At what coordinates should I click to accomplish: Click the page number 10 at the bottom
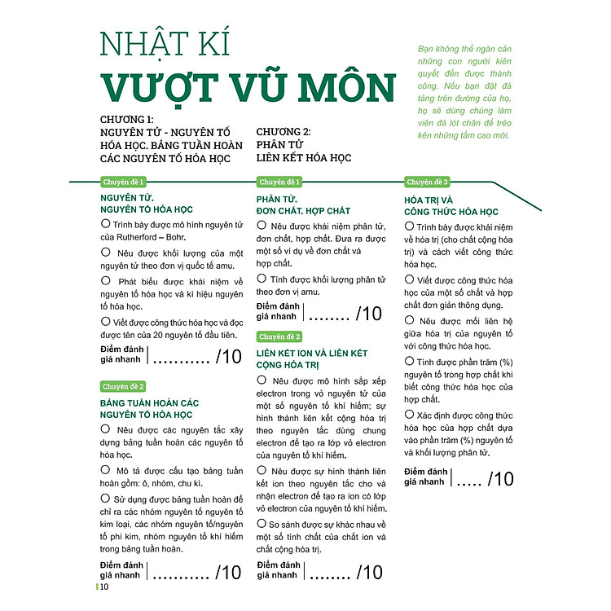click(x=104, y=591)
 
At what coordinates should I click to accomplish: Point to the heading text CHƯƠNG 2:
click(x=283, y=130)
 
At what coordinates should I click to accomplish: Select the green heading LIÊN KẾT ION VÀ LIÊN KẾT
click(x=312, y=353)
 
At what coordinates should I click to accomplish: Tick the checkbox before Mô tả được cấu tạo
click(x=105, y=470)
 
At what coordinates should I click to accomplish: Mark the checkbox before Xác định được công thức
click(x=410, y=415)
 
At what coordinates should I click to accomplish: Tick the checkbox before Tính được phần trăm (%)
click(x=410, y=360)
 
